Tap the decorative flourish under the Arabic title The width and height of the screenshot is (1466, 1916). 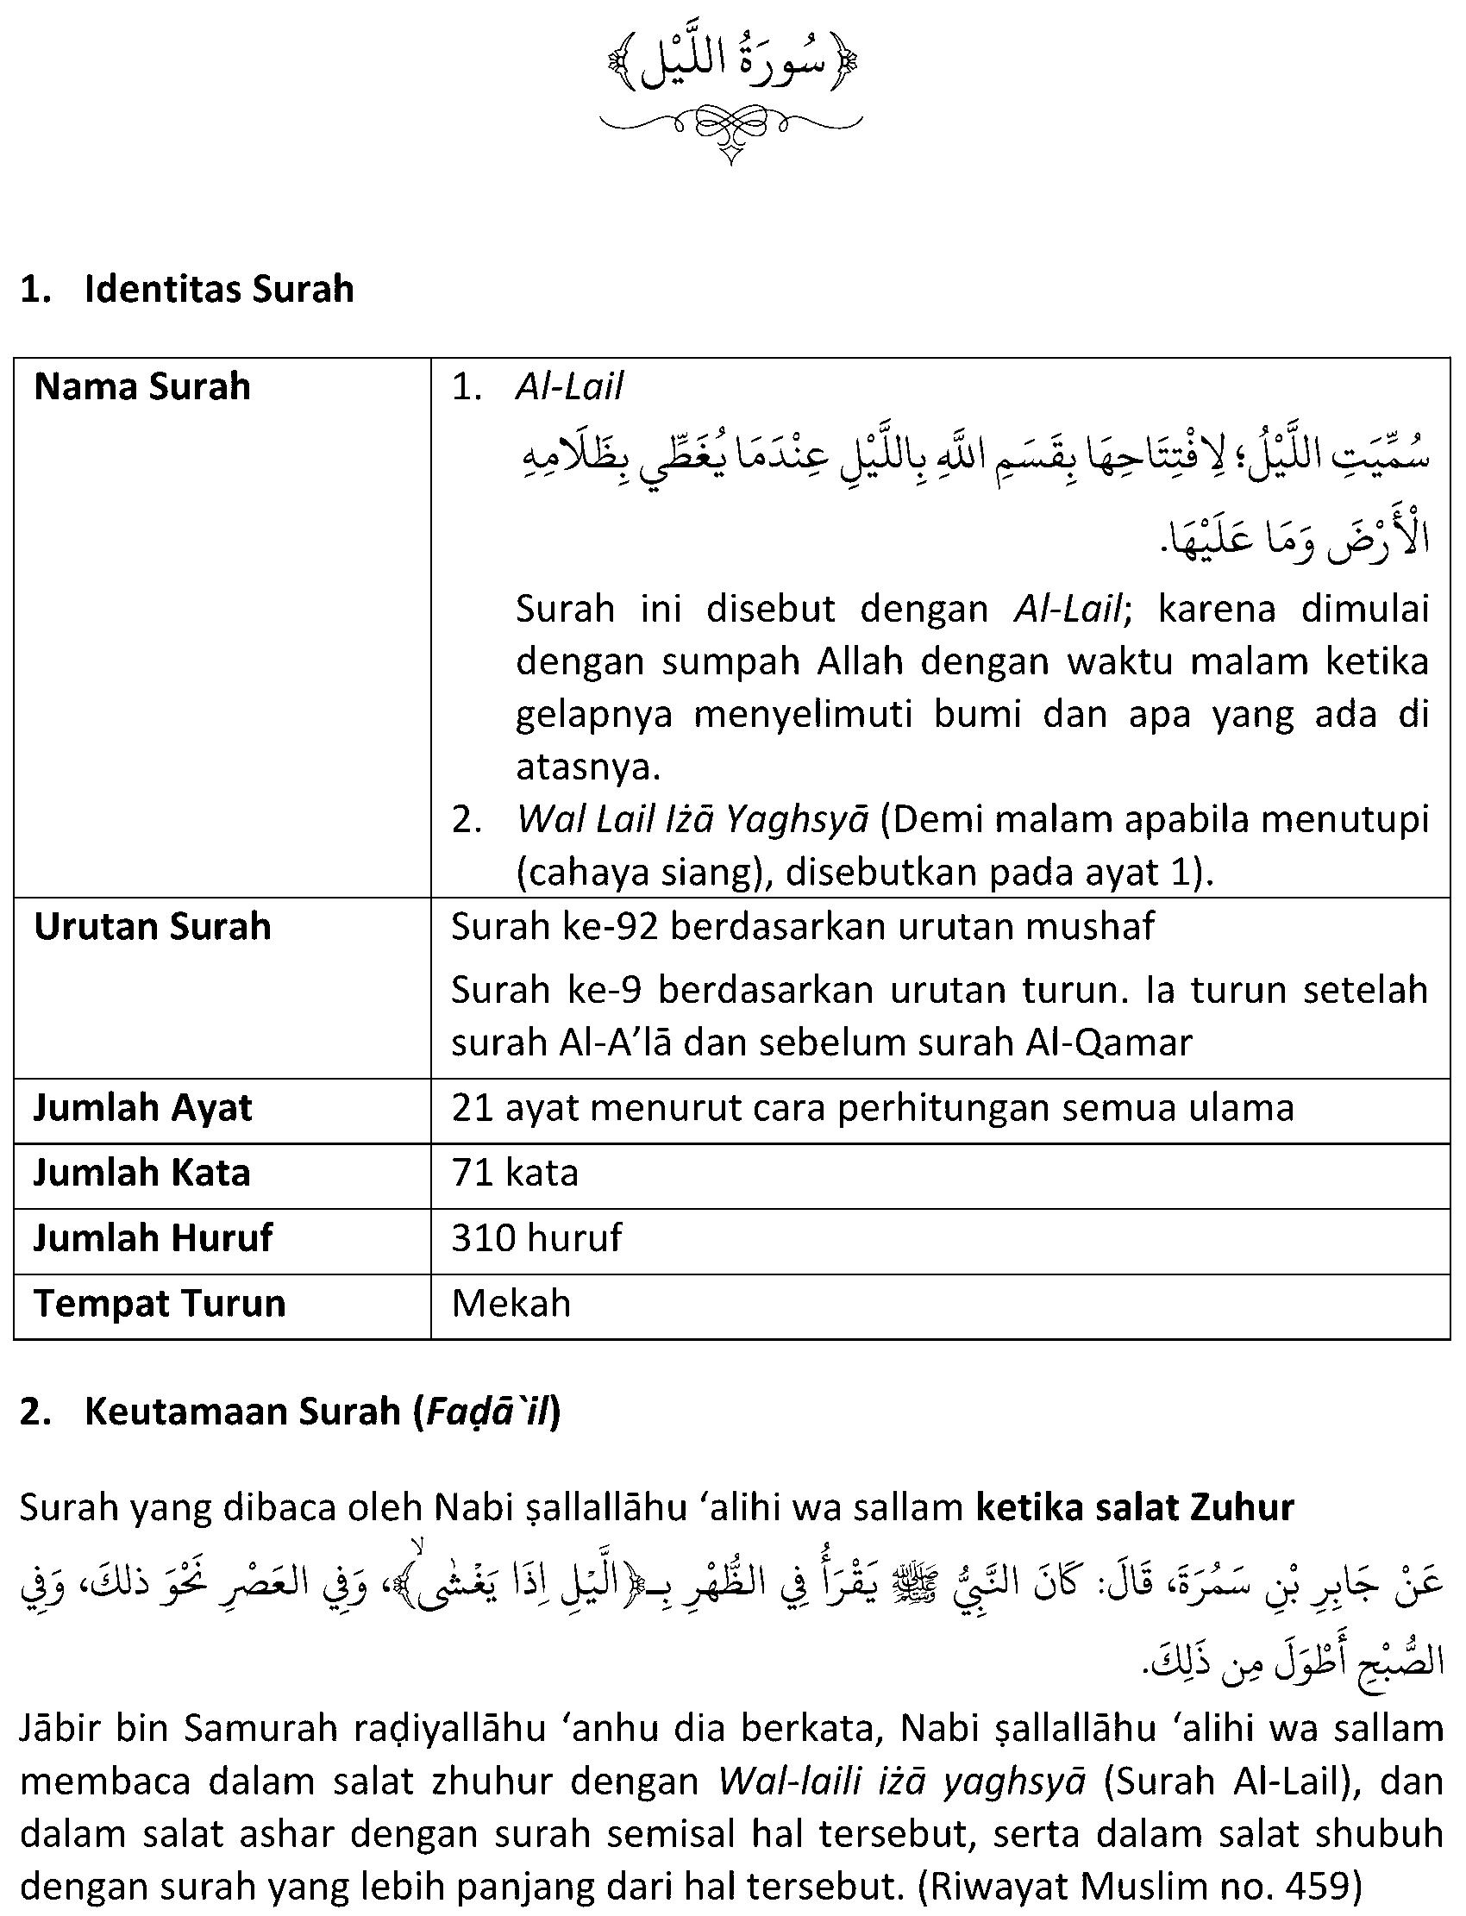coord(731,132)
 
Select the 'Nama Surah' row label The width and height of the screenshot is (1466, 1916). coord(142,386)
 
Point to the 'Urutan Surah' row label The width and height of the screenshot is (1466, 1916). coord(152,927)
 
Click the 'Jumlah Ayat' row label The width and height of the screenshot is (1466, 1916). coord(142,1108)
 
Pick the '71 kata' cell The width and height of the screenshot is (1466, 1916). coord(515,1173)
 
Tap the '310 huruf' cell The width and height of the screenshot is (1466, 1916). coord(536,1237)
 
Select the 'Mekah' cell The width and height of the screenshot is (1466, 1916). coord(511,1303)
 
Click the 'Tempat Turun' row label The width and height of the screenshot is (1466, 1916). coord(160,1303)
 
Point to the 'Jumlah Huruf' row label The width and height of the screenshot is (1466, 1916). coord(153,1237)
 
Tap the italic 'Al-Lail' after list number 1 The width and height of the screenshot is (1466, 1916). coord(569,387)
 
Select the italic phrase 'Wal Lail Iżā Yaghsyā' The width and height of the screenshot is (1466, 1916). coord(692,820)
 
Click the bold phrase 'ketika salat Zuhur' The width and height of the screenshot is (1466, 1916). coord(1134,1507)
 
